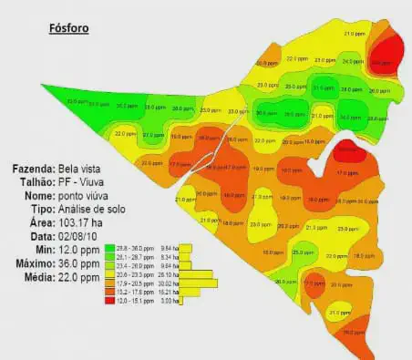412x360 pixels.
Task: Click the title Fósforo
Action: pyautogui.click(x=69, y=27)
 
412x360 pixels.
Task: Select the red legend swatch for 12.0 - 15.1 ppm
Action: pyautogui.click(x=109, y=300)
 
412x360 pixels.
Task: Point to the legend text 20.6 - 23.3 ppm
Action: pyautogui.click(x=134, y=273)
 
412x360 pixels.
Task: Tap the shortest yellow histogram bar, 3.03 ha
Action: pyautogui.click(x=182, y=300)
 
